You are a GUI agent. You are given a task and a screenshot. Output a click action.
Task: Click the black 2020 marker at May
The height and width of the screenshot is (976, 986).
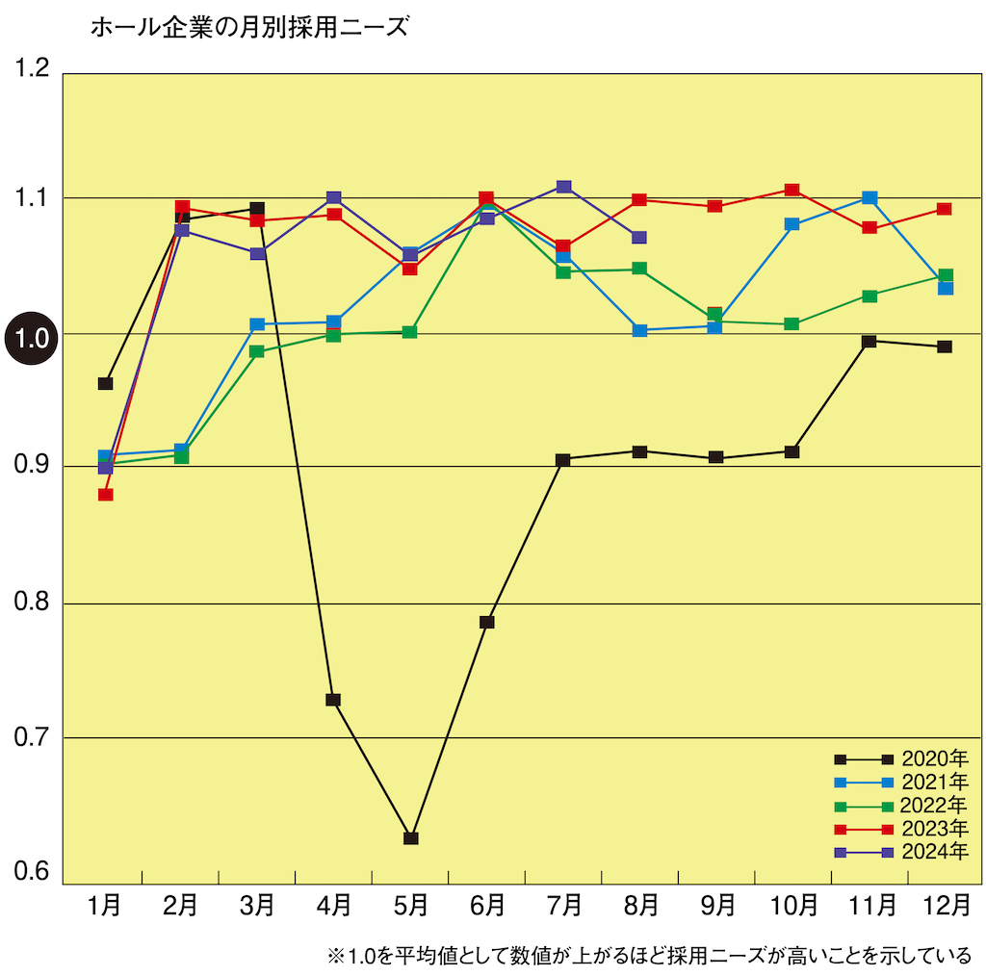point(411,838)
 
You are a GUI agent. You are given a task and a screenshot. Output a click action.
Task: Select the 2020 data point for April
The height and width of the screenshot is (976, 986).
point(333,700)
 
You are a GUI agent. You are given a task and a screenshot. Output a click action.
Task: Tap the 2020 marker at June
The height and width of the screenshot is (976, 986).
point(487,623)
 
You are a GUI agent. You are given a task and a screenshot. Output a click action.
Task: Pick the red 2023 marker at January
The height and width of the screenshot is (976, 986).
point(106,495)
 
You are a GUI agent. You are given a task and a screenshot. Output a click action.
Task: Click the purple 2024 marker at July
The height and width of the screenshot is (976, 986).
point(564,187)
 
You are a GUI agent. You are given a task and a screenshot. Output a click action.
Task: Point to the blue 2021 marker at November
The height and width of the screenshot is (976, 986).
point(869,198)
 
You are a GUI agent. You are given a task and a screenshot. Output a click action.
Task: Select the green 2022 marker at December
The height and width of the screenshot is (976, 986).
point(946,276)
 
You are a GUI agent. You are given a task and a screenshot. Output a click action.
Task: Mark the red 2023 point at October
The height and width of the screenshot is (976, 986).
point(791,191)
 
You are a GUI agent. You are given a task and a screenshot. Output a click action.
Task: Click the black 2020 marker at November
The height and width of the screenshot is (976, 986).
point(869,342)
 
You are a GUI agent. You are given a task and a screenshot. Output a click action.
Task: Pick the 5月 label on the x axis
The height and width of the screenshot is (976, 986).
point(411,906)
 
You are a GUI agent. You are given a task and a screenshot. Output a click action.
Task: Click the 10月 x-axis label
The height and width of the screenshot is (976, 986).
point(791,906)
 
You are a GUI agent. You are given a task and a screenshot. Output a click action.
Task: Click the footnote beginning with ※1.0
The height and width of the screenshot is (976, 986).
point(650,956)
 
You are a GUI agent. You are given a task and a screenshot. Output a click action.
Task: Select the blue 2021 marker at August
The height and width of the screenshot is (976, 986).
point(640,330)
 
